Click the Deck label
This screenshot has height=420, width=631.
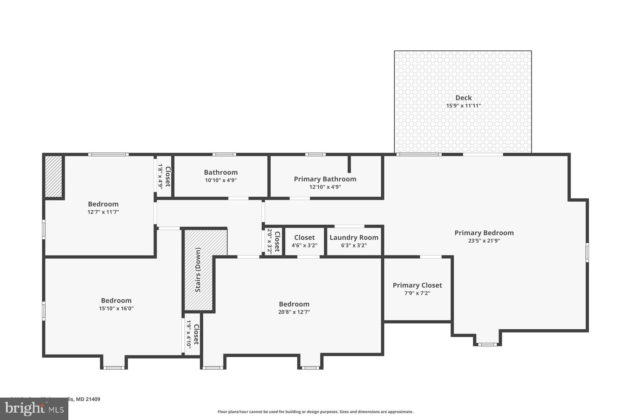click(463, 98)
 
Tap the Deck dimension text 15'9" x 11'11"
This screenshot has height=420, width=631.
click(463, 106)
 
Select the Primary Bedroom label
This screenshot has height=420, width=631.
click(484, 233)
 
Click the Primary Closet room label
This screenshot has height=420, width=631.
click(417, 285)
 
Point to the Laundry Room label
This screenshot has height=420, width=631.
click(354, 238)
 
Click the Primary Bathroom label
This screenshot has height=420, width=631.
click(325, 179)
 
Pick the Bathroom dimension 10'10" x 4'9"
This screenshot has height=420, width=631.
click(221, 180)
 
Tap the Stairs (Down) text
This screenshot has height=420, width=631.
click(198, 270)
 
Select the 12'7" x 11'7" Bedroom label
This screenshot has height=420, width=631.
click(103, 204)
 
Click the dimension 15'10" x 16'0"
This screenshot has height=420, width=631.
click(116, 308)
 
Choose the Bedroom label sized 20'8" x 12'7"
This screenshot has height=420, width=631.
click(294, 304)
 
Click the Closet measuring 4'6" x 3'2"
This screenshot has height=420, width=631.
click(304, 238)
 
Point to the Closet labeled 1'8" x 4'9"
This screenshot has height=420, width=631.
click(168, 176)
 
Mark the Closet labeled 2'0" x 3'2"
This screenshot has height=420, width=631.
click(277, 241)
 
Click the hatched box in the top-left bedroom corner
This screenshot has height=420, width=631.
click(53, 176)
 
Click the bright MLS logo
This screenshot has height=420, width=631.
click(34, 408)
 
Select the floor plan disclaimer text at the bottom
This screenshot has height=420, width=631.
click(315, 412)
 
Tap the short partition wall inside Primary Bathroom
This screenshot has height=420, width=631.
click(349, 164)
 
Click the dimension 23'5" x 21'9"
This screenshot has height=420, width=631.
click(484, 241)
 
